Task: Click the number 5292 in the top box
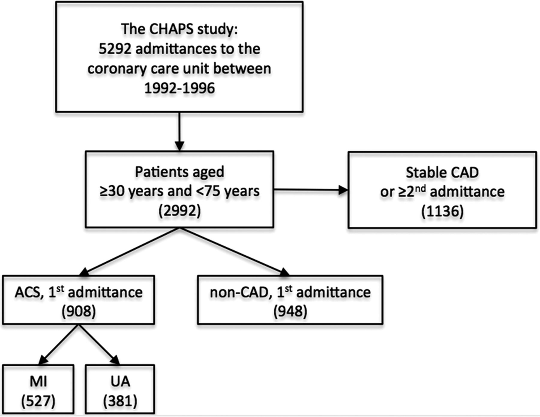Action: click(115, 49)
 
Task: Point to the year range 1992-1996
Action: click(179, 88)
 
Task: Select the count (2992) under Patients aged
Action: click(179, 211)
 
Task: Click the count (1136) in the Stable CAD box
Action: click(442, 211)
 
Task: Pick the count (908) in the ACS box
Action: click(79, 312)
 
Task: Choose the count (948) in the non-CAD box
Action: click(290, 312)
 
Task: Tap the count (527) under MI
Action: click(38, 401)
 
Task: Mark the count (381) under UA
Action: click(120, 401)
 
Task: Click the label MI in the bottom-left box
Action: click(38, 382)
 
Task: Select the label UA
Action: click(120, 382)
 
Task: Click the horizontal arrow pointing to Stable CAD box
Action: click(311, 190)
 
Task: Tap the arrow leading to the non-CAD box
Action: click(235, 252)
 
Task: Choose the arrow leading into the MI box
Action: click(58, 344)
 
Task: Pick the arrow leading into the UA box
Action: click(99, 344)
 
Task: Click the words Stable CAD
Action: click(442, 172)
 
